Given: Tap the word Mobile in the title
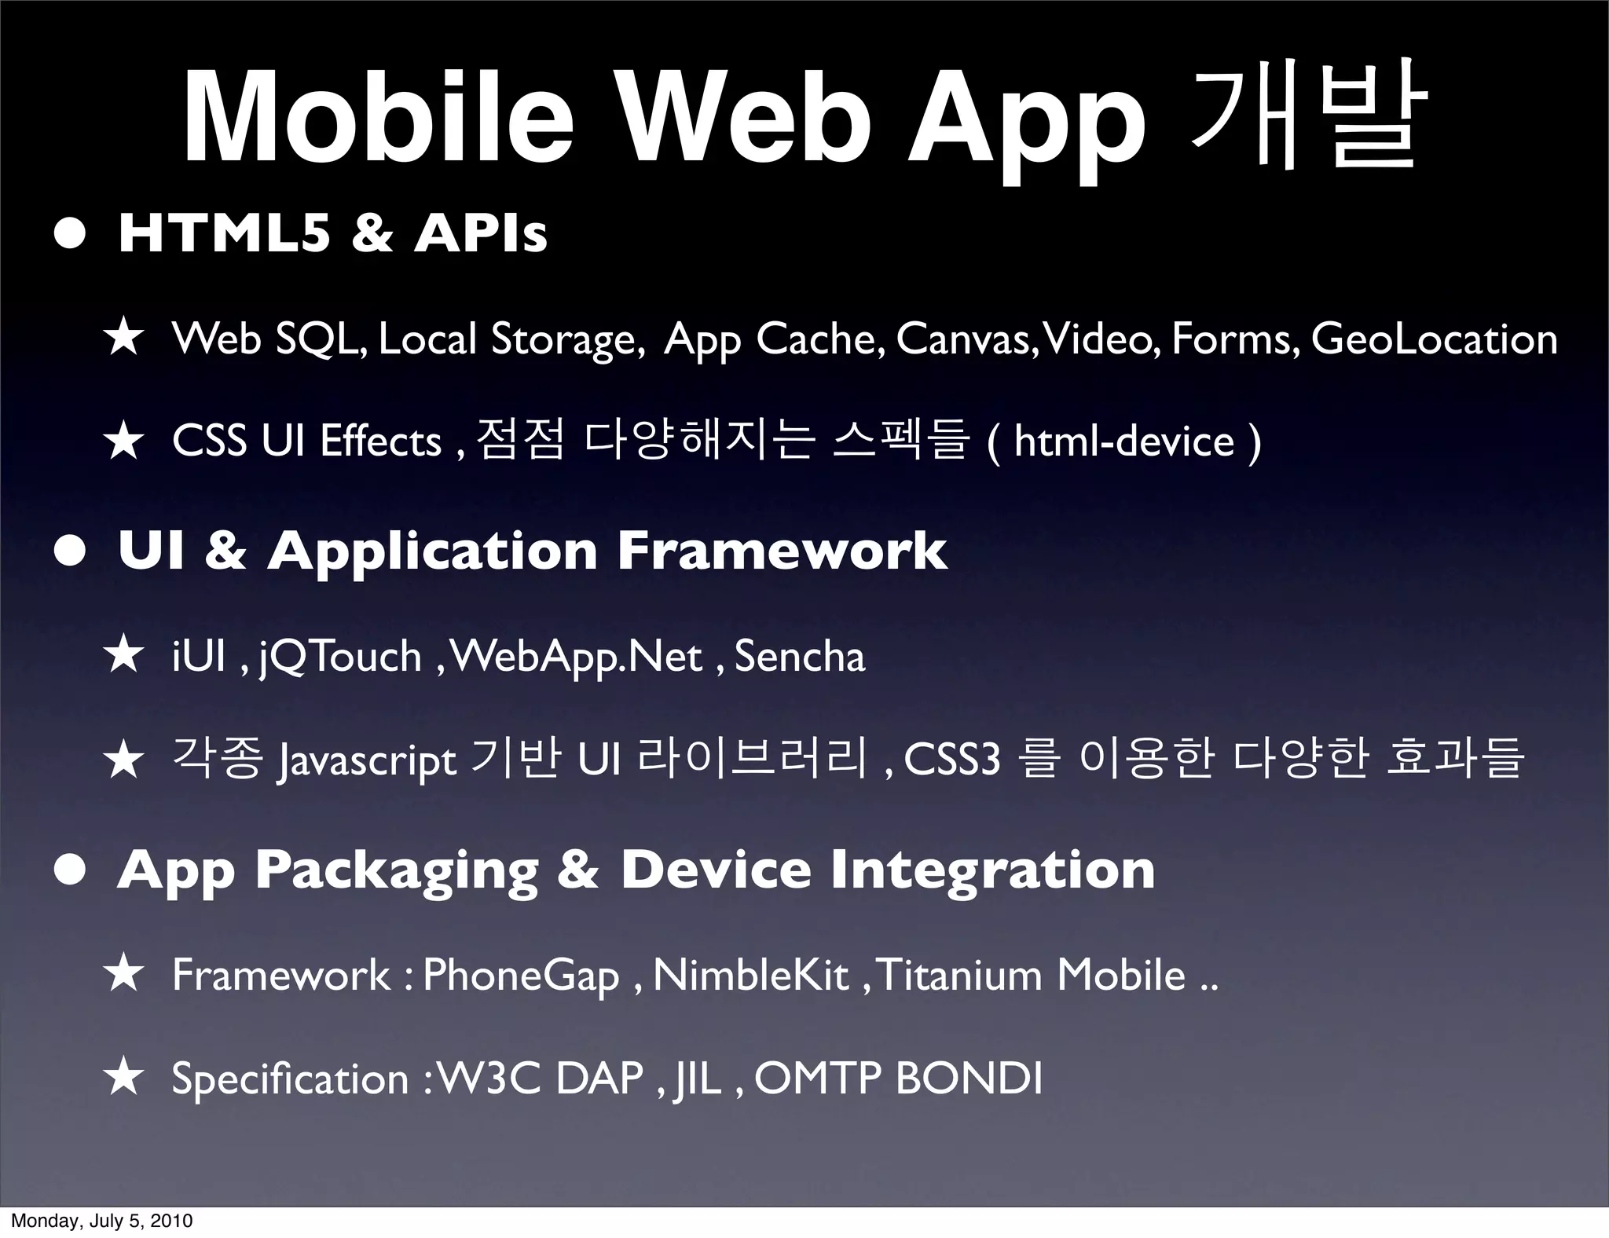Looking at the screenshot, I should (377, 118).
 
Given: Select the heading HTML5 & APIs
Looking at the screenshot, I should (332, 233).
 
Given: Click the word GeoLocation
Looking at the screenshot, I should (1434, 339).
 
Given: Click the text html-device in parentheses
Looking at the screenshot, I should (1123, 441).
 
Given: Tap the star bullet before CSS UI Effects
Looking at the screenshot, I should (124, 441).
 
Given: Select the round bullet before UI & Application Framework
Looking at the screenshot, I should (71, 552).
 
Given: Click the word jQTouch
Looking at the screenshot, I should (340, 657).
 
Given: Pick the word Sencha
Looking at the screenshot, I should (799, 657).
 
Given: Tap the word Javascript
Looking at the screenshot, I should (367, 760).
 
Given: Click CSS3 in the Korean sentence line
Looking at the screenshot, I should (952, 760).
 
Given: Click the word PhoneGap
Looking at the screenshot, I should (521, 976).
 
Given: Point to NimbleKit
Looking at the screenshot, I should (750, 976).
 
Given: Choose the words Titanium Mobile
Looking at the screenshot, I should (1030, 976).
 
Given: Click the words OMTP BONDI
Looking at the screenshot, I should (898, 1079).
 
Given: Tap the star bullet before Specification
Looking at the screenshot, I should (124, 1078).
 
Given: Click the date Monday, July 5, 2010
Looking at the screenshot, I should (101, 1221).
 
